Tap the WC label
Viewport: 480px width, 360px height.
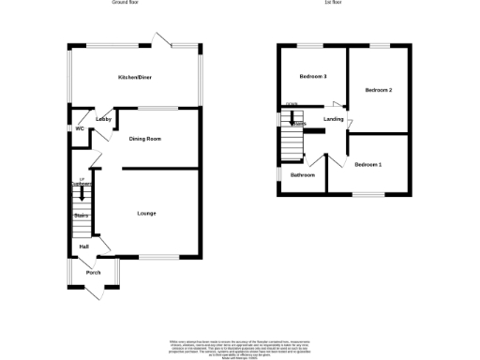pyautogui.click(x=80, y=128)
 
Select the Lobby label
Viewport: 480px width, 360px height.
pyautogui.click(x=104, y=119)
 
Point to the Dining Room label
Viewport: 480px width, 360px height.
pyautogui.click(x=145, y=139)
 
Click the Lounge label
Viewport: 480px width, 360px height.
pyautogui.click(x=146, y=214)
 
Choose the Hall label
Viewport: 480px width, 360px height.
pyautogui.click(x=84, y=247)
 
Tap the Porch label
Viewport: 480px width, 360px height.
pyautogui.click(x=93, y=273)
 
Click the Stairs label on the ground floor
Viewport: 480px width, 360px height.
pyautogui.click(x=82, y=216)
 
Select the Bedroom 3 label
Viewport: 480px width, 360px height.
pyautogui.click(x=312, y=76)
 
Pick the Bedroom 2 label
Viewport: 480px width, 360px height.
pyautogui.click(x=378, y=90)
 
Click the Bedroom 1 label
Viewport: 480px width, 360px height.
pyautogui.click(x=368, y=165)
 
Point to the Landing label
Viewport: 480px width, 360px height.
pyautogui.click(x=333, y=119)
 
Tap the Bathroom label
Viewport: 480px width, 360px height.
pyautogui.click(x=302, y=175)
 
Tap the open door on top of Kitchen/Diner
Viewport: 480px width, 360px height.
pyautogui.click(x=161, y=39)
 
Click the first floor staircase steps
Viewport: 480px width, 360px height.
pyautogui.click(x=291, y=144)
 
